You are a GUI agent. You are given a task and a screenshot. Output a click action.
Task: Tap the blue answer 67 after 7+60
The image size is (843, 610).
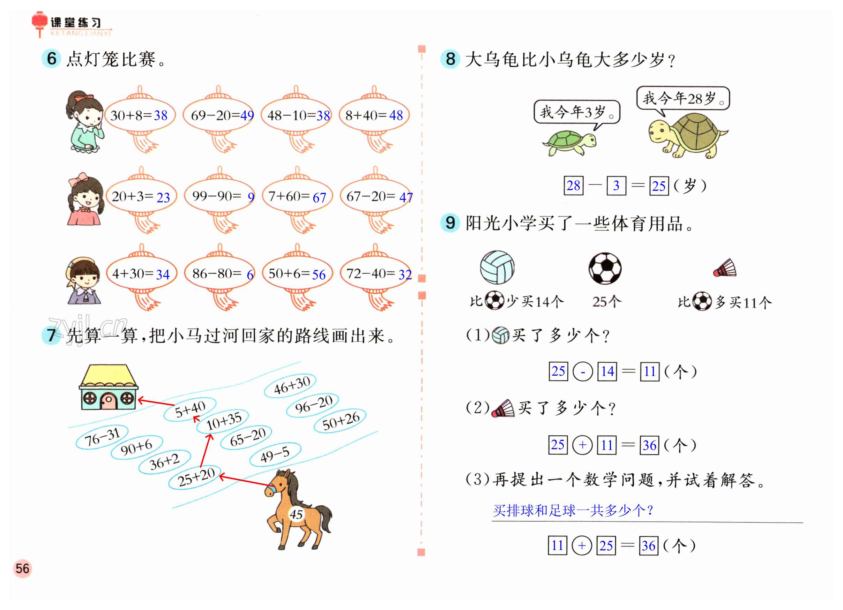click(319, 197)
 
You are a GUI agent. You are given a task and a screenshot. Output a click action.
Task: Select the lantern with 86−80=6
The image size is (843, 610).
click(220, 274)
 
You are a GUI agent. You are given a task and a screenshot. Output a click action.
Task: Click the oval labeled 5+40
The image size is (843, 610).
click(190, 409)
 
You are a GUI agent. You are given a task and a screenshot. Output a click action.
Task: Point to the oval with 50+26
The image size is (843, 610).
click(340, 421)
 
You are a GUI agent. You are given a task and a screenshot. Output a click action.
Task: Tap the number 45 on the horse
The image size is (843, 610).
click(296, 514)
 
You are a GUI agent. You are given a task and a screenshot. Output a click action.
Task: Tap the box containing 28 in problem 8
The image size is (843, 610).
click(573, 186)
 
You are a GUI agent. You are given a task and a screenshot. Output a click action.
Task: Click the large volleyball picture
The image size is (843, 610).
click(497, 267)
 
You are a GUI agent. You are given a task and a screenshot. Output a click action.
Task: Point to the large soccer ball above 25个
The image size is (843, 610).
click(605, 268)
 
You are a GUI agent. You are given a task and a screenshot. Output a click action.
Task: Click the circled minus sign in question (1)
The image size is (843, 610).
click(582, 372)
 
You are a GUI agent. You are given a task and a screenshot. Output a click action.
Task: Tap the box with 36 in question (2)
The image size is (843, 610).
click(649, 445)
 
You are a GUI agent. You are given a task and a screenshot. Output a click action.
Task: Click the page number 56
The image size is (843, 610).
click(22, 568)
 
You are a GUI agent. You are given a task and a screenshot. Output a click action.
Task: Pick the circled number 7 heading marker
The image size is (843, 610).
click(51, 335)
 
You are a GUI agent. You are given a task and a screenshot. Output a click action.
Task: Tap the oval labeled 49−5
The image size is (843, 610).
click(275, 454)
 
